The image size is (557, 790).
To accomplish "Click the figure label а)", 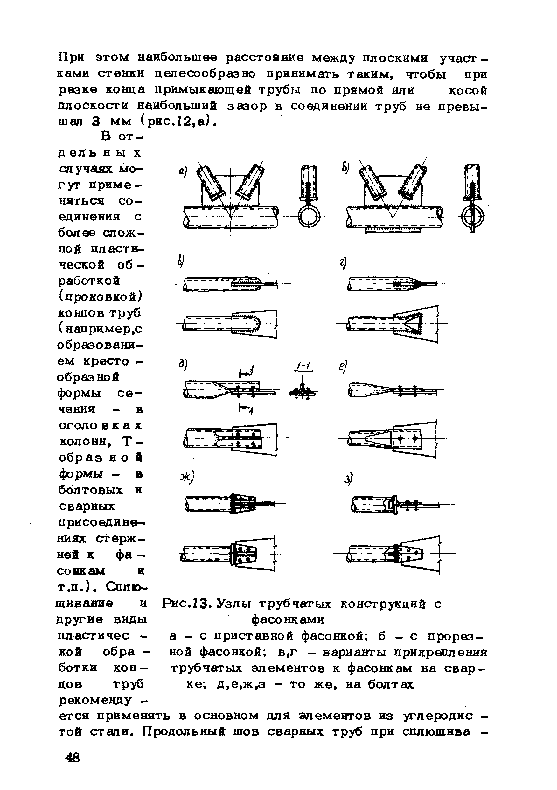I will pyautogui.click(x=183, y=171).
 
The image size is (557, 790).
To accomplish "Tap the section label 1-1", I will pyautogui.click(x=303, y=367).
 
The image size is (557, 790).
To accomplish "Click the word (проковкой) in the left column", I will pyautogui.click(x=100, y=297).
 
